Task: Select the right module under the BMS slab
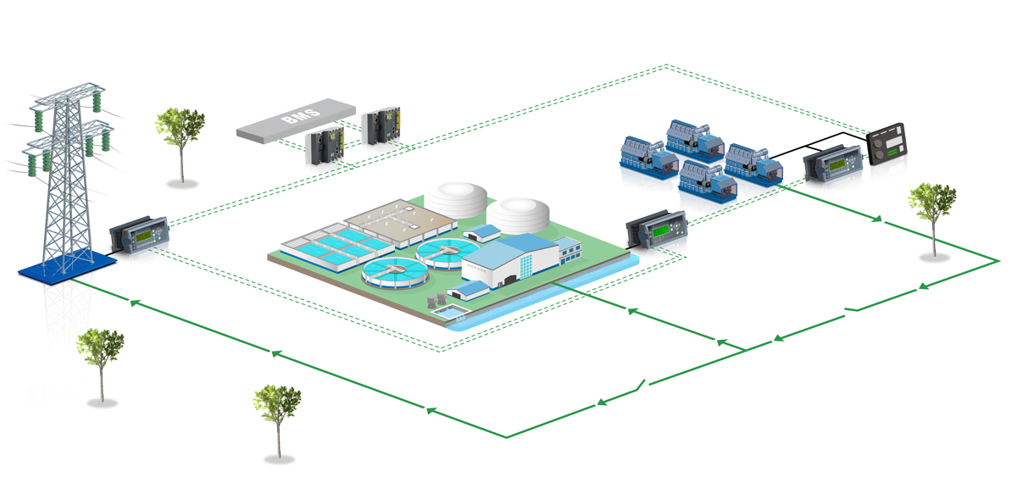click(383, 126)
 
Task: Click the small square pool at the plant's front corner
click(450, 314)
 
